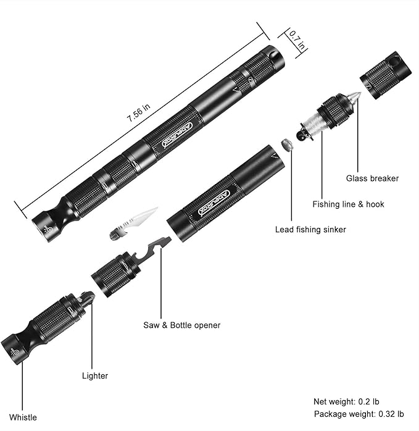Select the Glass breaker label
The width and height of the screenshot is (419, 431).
[372, 178]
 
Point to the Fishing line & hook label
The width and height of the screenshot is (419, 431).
[348, 204]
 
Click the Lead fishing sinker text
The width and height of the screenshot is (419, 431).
[310, 230]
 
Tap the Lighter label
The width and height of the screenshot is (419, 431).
[95, 375]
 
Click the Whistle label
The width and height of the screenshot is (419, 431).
[23, 417]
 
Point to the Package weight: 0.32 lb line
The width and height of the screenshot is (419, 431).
[359, 414]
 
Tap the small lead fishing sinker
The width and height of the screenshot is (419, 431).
[286, 144]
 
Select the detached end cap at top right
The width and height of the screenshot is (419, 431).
[386, 74]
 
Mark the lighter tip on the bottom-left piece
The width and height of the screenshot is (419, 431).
[88, 298]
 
